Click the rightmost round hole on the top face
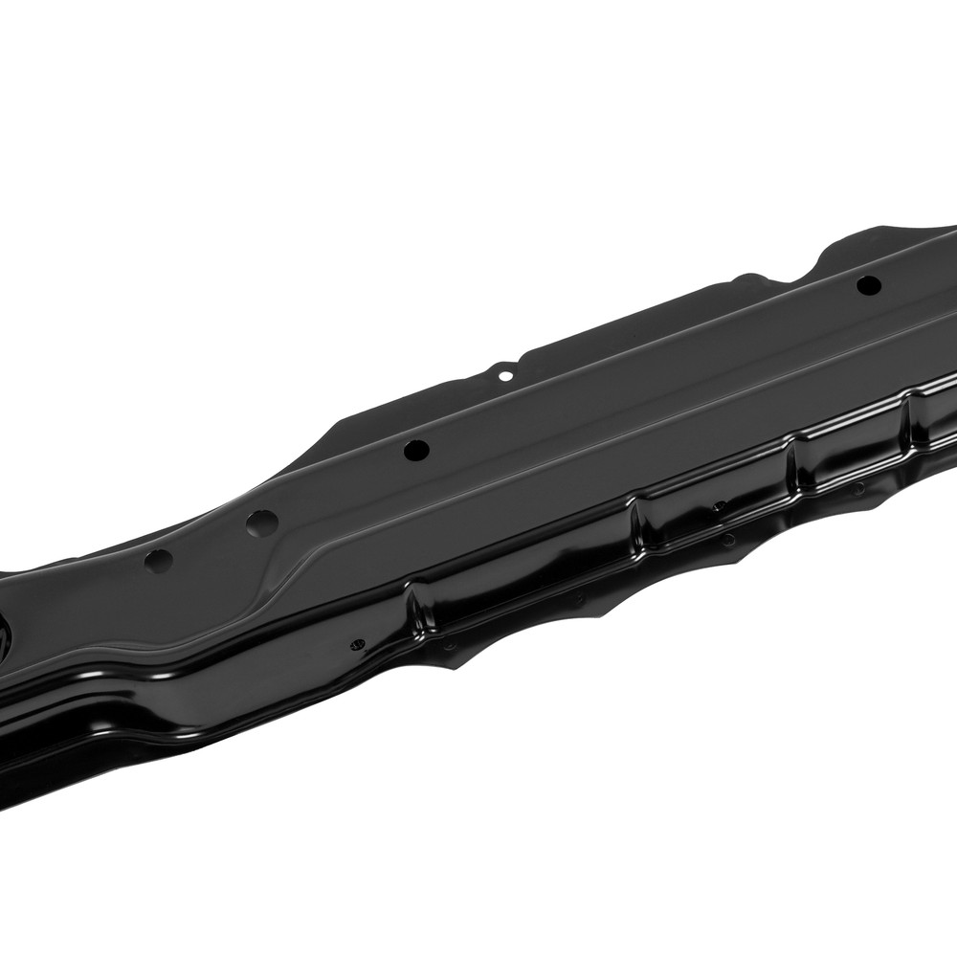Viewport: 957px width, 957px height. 867,284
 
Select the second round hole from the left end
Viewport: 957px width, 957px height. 260,523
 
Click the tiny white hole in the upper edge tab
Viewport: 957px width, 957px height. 504,376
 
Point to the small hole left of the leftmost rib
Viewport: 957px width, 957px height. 357,644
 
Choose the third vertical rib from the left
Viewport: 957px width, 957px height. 793,458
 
